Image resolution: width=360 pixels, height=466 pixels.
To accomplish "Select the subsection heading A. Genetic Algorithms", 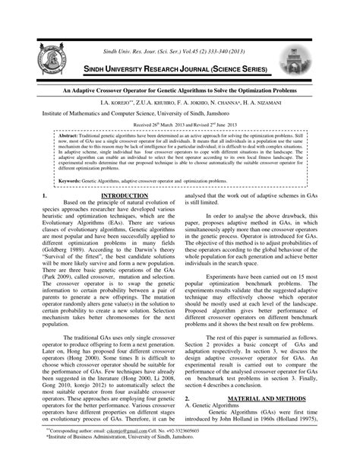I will pos(215,406).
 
